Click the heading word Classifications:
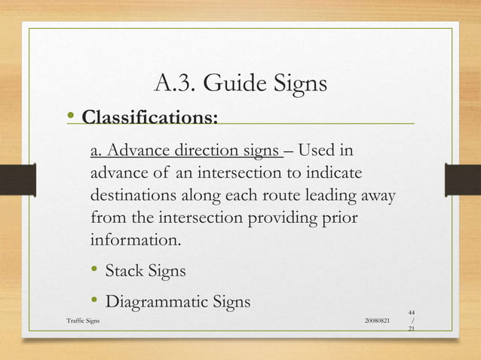[150, 118]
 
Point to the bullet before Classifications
[70, 116]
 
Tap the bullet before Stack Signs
[95, 270]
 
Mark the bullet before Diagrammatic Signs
[95, 301]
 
